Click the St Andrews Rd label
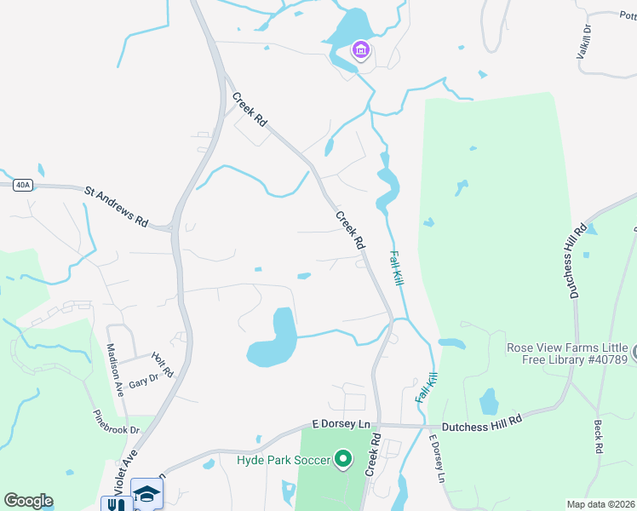[116, 207]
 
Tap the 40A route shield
[23, 184]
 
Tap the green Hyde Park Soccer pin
[343, 461]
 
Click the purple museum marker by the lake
[361, 50]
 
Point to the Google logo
[28, 501]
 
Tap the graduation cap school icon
[146, 493]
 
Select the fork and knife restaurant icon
[117, 504]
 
